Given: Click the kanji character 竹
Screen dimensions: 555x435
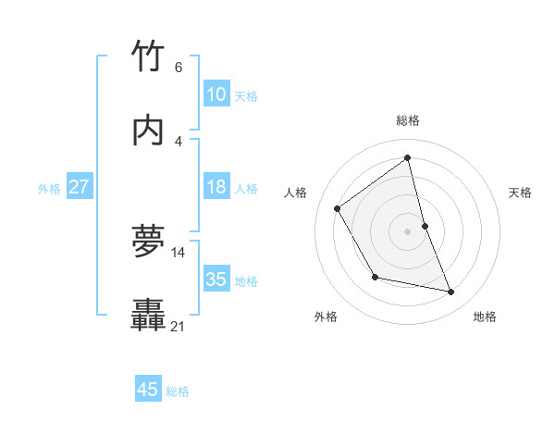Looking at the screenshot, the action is click(x=148, y=56).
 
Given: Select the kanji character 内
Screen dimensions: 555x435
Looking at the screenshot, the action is click(x=148, y=130).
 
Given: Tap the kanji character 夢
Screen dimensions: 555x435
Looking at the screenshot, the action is click(x=148, y=241).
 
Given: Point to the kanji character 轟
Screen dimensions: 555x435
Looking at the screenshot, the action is click(x=148, y=316).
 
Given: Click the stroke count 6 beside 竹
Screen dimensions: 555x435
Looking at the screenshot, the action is click(x=179, y=68).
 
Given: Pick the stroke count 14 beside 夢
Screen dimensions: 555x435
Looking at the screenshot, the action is click(x=179, y=252).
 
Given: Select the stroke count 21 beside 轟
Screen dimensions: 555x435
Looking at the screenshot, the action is click(x=179, y=326).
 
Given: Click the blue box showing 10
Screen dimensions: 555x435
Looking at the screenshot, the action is click(x=216, y=94).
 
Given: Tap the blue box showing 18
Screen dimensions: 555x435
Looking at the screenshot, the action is click(x=216, y=187).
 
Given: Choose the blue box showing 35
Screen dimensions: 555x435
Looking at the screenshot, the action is click(x=216, y=279).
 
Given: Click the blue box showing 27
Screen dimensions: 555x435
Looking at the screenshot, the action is click(x=79, y=187).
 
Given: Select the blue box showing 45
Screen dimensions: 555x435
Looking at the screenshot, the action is click(x=148, y=390).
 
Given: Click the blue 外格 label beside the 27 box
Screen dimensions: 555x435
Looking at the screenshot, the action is click(x=49, y=189).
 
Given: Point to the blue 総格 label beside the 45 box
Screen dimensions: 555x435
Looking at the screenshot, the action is click(x=178, y=391).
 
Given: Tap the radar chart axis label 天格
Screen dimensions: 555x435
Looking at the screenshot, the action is click(x=521, y=193).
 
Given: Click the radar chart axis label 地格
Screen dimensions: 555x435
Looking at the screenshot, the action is click(x=485, y=317).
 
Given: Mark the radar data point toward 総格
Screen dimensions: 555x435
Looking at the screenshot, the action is click(x=408, y=158).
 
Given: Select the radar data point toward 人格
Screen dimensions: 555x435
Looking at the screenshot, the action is click(x=338, y=208).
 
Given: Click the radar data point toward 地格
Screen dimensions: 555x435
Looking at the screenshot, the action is click(x=451, y=292).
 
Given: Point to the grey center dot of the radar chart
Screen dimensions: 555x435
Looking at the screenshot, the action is click(x=408, y=231).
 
